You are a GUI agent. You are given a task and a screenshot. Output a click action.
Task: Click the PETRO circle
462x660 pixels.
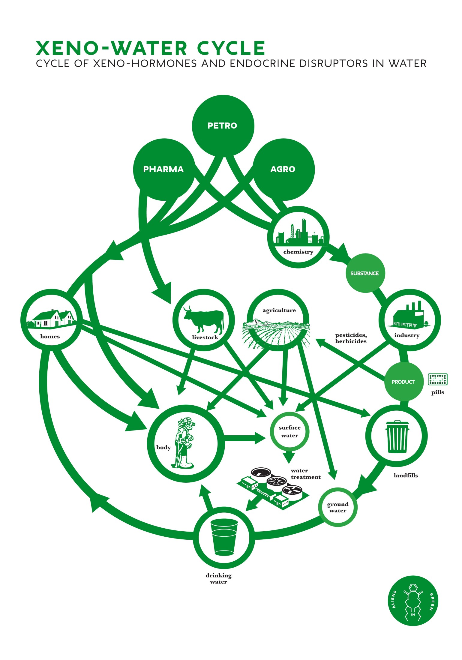point(223,126)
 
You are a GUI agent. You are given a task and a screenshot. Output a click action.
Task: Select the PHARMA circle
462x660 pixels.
point(163,169)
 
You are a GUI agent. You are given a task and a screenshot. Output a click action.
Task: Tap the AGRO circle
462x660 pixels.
point(283,169)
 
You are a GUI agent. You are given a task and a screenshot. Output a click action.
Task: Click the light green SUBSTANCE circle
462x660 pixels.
point(365,273)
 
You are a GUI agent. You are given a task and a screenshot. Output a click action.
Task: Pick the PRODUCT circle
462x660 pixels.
point(403,382)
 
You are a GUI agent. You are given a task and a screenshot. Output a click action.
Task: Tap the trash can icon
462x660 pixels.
point(397,436)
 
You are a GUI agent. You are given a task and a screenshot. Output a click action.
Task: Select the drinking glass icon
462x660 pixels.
point(224,538)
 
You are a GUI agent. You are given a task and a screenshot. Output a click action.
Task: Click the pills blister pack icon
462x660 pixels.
point(438,379)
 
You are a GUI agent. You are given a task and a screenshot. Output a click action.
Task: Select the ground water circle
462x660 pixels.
point(338,507)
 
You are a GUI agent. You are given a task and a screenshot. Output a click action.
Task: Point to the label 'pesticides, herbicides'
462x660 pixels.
point(351,338)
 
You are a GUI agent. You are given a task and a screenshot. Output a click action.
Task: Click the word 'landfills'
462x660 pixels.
point(406,475)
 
